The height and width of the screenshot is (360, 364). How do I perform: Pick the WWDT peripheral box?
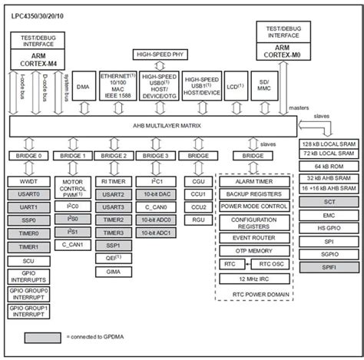click(28, 181)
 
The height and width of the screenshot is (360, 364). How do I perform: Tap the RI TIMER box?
click(114, 181)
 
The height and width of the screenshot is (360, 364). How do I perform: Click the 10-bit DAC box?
click(155, 196)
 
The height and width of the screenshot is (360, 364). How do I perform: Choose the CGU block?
click(199, 181)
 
